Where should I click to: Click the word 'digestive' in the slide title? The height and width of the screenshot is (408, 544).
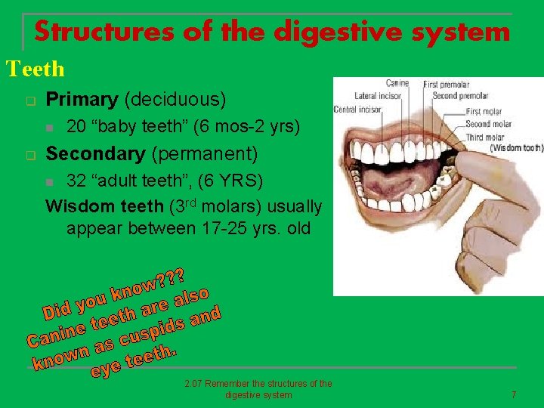point(329,32)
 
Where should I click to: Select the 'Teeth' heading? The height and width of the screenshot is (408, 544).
point(36,70)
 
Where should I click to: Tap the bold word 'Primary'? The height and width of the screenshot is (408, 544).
point(82,99)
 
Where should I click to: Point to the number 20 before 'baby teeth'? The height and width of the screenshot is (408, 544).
point(76,126)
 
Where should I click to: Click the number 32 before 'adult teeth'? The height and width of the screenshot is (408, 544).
point(76,181)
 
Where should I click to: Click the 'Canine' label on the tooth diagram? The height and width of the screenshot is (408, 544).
point(397,83)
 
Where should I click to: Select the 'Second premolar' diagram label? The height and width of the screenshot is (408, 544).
point(461,96)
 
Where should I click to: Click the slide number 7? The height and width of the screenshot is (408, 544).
point(514,394)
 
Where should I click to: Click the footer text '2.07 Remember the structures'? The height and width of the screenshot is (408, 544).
point(258,384)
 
